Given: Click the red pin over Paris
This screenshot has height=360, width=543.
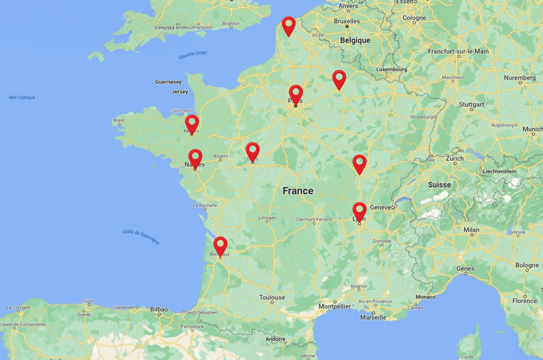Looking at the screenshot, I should [296, 93].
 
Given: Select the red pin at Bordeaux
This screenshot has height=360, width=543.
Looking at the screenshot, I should [221, 245].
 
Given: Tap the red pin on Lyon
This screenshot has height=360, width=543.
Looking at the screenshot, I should [360, 211].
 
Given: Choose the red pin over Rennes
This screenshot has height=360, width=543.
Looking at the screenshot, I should [192, 123].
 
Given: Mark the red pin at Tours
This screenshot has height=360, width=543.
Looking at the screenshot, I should [252, 150].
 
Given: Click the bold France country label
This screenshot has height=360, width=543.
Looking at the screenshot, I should [297, 191].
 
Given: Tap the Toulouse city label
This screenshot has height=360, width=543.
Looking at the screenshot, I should [272, 297].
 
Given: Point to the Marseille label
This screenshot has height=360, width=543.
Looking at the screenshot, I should [373, 317].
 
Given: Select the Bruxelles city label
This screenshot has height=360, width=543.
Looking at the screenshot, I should [347, 21].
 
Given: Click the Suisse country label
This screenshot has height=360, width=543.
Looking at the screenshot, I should [440, 185].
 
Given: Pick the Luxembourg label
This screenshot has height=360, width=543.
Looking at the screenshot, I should [391, 69].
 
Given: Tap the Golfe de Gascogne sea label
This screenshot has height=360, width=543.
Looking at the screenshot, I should [141, 236].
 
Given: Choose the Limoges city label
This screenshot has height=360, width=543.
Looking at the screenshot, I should [267, 218].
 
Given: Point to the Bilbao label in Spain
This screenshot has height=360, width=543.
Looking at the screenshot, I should [159, 309].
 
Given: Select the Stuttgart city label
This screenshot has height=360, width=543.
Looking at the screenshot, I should [472, 105].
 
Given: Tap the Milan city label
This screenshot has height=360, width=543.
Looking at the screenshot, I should [471, 229].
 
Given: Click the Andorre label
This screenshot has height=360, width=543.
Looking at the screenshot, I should [275, 339].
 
